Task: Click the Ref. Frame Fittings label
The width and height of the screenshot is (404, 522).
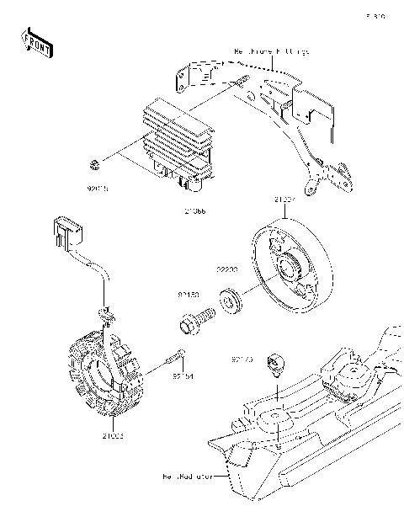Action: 272,52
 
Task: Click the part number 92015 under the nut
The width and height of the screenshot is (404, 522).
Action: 99,189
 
